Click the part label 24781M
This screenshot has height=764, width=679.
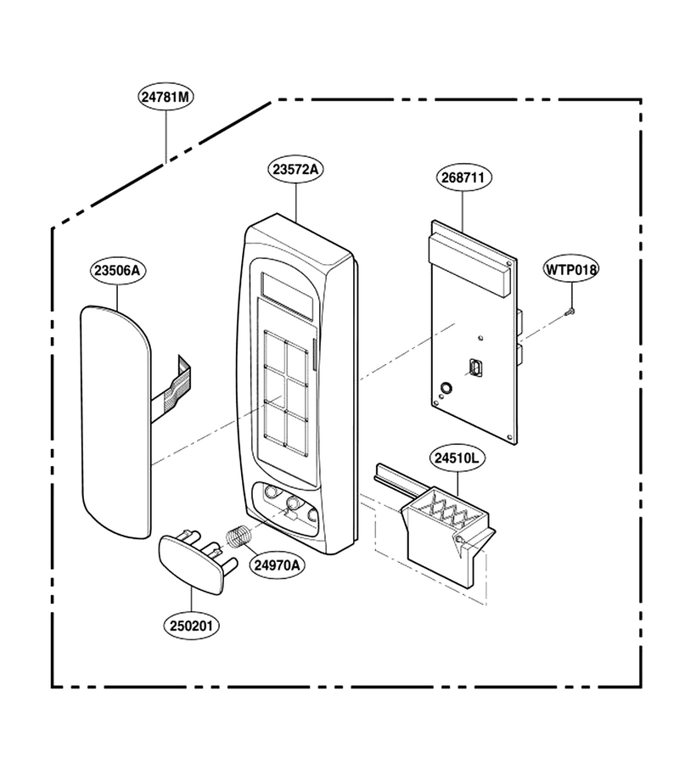pos(166,97)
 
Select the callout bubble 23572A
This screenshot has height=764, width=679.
pos(295,170)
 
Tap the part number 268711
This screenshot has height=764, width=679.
pos(463,177)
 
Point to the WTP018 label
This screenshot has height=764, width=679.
pos(571,269)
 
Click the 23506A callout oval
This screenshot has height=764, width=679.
pos(117,271)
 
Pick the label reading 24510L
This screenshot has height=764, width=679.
pos(457,458)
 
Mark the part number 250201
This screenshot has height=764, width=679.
pos(192,626)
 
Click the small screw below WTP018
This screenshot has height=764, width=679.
pos(570,312)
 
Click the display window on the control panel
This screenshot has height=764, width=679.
pos(287,295)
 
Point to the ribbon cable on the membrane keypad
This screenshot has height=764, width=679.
pos(171,385)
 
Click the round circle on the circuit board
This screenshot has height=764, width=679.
pos(446,388)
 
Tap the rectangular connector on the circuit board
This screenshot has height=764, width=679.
pos(475,367)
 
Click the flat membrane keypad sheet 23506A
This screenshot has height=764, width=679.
pos(116,422)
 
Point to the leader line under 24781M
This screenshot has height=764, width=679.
pos(166,137)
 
